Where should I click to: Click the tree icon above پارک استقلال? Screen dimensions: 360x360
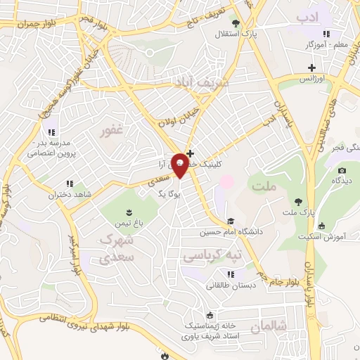236,23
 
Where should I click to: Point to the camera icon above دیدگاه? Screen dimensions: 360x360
342,170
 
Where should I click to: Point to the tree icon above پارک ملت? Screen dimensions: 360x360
298,200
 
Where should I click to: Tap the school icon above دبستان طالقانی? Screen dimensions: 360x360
230,274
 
